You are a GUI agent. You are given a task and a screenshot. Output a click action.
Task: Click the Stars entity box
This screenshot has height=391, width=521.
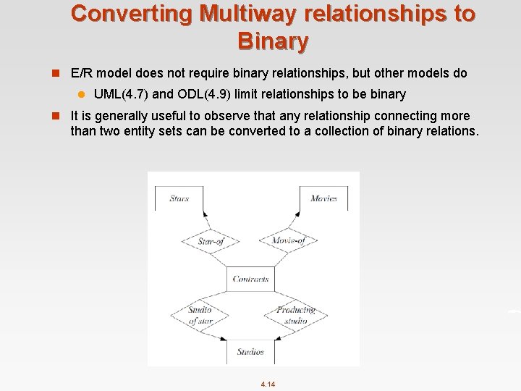pos(179,198)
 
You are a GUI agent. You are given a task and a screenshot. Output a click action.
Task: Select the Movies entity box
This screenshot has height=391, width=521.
pos(323,198)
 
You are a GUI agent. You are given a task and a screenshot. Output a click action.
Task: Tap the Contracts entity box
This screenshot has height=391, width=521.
pos(251,279)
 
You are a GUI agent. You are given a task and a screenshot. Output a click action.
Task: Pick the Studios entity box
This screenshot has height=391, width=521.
pos(250,352)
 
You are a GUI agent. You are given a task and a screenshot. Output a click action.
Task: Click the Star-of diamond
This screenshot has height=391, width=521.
pos(210,241)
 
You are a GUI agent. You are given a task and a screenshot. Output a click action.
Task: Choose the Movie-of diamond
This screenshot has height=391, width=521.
pos(287,240)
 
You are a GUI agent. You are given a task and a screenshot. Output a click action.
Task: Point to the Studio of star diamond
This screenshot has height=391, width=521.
pos(200,315)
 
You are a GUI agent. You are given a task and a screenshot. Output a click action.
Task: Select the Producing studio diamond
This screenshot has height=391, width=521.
pos(295,315)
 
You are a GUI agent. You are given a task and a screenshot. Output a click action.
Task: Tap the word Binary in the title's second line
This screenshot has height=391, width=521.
pos(273,41)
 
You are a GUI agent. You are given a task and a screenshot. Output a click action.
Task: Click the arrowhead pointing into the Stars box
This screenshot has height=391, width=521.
pos(205,214)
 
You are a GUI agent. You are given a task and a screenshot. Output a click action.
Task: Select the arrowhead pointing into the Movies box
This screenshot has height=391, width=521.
pos(297,214)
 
